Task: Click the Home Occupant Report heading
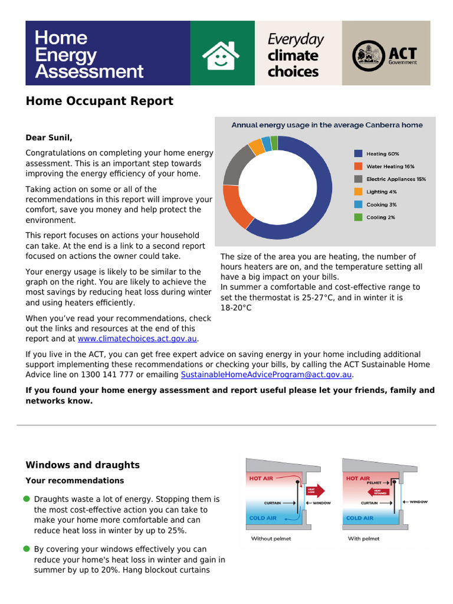point(99,101)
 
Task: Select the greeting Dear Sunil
point(49,138)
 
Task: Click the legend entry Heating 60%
point(382,153)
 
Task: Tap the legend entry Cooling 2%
point(380,218)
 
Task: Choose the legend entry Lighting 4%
point(381,192)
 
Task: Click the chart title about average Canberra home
point(326,125)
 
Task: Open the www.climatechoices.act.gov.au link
point(137,339)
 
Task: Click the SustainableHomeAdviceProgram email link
point(266,375)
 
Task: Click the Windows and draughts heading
point(83,465)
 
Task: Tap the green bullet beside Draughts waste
point(27,500)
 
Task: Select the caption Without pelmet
point(271,539)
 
